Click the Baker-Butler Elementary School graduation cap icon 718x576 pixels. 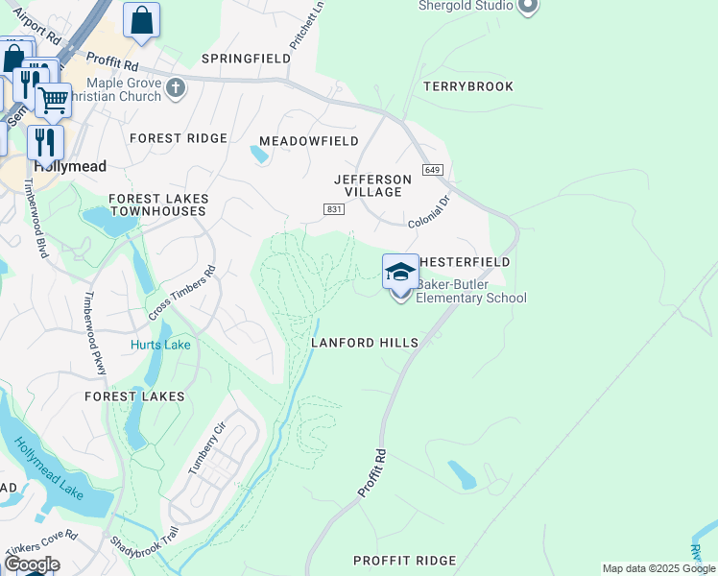[400, 272]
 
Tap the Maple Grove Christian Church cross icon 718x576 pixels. [175, 88]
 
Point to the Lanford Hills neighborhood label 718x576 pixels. [365, 343]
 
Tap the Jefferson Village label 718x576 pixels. [373, 185]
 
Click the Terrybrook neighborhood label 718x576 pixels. [468, 86]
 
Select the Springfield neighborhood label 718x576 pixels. [246, 59]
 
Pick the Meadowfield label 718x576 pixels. [309, 141]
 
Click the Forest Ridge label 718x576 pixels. [179, 138]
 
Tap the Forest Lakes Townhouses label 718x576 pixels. [158, 204]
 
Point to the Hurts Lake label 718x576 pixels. [160, 345]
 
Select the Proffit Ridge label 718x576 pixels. [404, 561]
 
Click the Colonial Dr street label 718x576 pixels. [429, 212]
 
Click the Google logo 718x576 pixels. [31, 564]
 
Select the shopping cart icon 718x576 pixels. [53, 99]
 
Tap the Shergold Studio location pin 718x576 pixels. [526, 7]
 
